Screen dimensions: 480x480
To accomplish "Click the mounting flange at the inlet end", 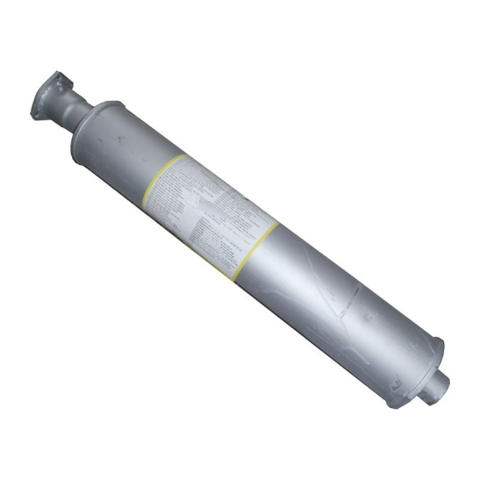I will [46, 91].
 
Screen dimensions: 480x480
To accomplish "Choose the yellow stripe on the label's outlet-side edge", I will [259, 246].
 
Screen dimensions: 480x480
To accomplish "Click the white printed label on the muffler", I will [215, 211].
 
